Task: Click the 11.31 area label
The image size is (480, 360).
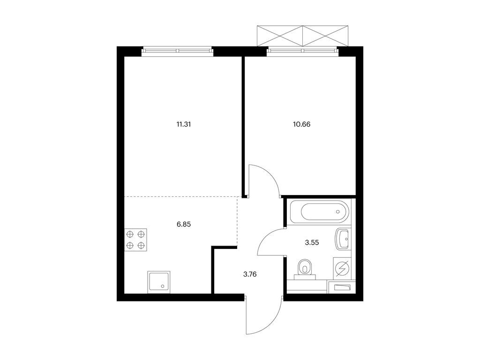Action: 184,124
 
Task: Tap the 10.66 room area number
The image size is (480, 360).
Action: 301,124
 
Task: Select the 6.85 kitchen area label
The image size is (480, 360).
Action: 184,224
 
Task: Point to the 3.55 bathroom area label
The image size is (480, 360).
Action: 312,242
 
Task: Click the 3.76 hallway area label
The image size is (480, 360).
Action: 250,274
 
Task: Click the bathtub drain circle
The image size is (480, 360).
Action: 337,211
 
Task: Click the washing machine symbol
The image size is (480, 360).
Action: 342,269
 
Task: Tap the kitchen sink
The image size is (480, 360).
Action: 159,282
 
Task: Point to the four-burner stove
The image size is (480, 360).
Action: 135,240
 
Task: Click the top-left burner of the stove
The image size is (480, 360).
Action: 130,234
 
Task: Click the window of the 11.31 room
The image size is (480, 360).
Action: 177,51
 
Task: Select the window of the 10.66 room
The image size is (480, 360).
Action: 303,51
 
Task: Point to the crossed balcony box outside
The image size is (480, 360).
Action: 302,36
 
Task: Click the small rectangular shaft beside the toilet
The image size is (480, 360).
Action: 342,287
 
